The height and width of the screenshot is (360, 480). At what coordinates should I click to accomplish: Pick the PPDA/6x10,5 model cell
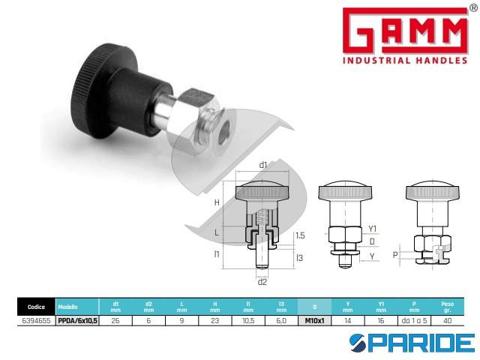[79, 319]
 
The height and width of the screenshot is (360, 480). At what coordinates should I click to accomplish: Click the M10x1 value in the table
[314, 319]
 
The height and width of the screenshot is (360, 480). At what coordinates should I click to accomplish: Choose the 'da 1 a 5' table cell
[414, 319]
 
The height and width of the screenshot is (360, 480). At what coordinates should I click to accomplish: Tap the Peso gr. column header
[447, 306]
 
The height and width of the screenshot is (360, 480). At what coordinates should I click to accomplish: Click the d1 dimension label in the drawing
[263, 165]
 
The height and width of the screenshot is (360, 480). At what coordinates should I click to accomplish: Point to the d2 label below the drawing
[262, 282]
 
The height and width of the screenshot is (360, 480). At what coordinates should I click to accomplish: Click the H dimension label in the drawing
[217, 202]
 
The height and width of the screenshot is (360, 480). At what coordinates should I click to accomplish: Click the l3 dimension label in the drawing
[299, 258]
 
